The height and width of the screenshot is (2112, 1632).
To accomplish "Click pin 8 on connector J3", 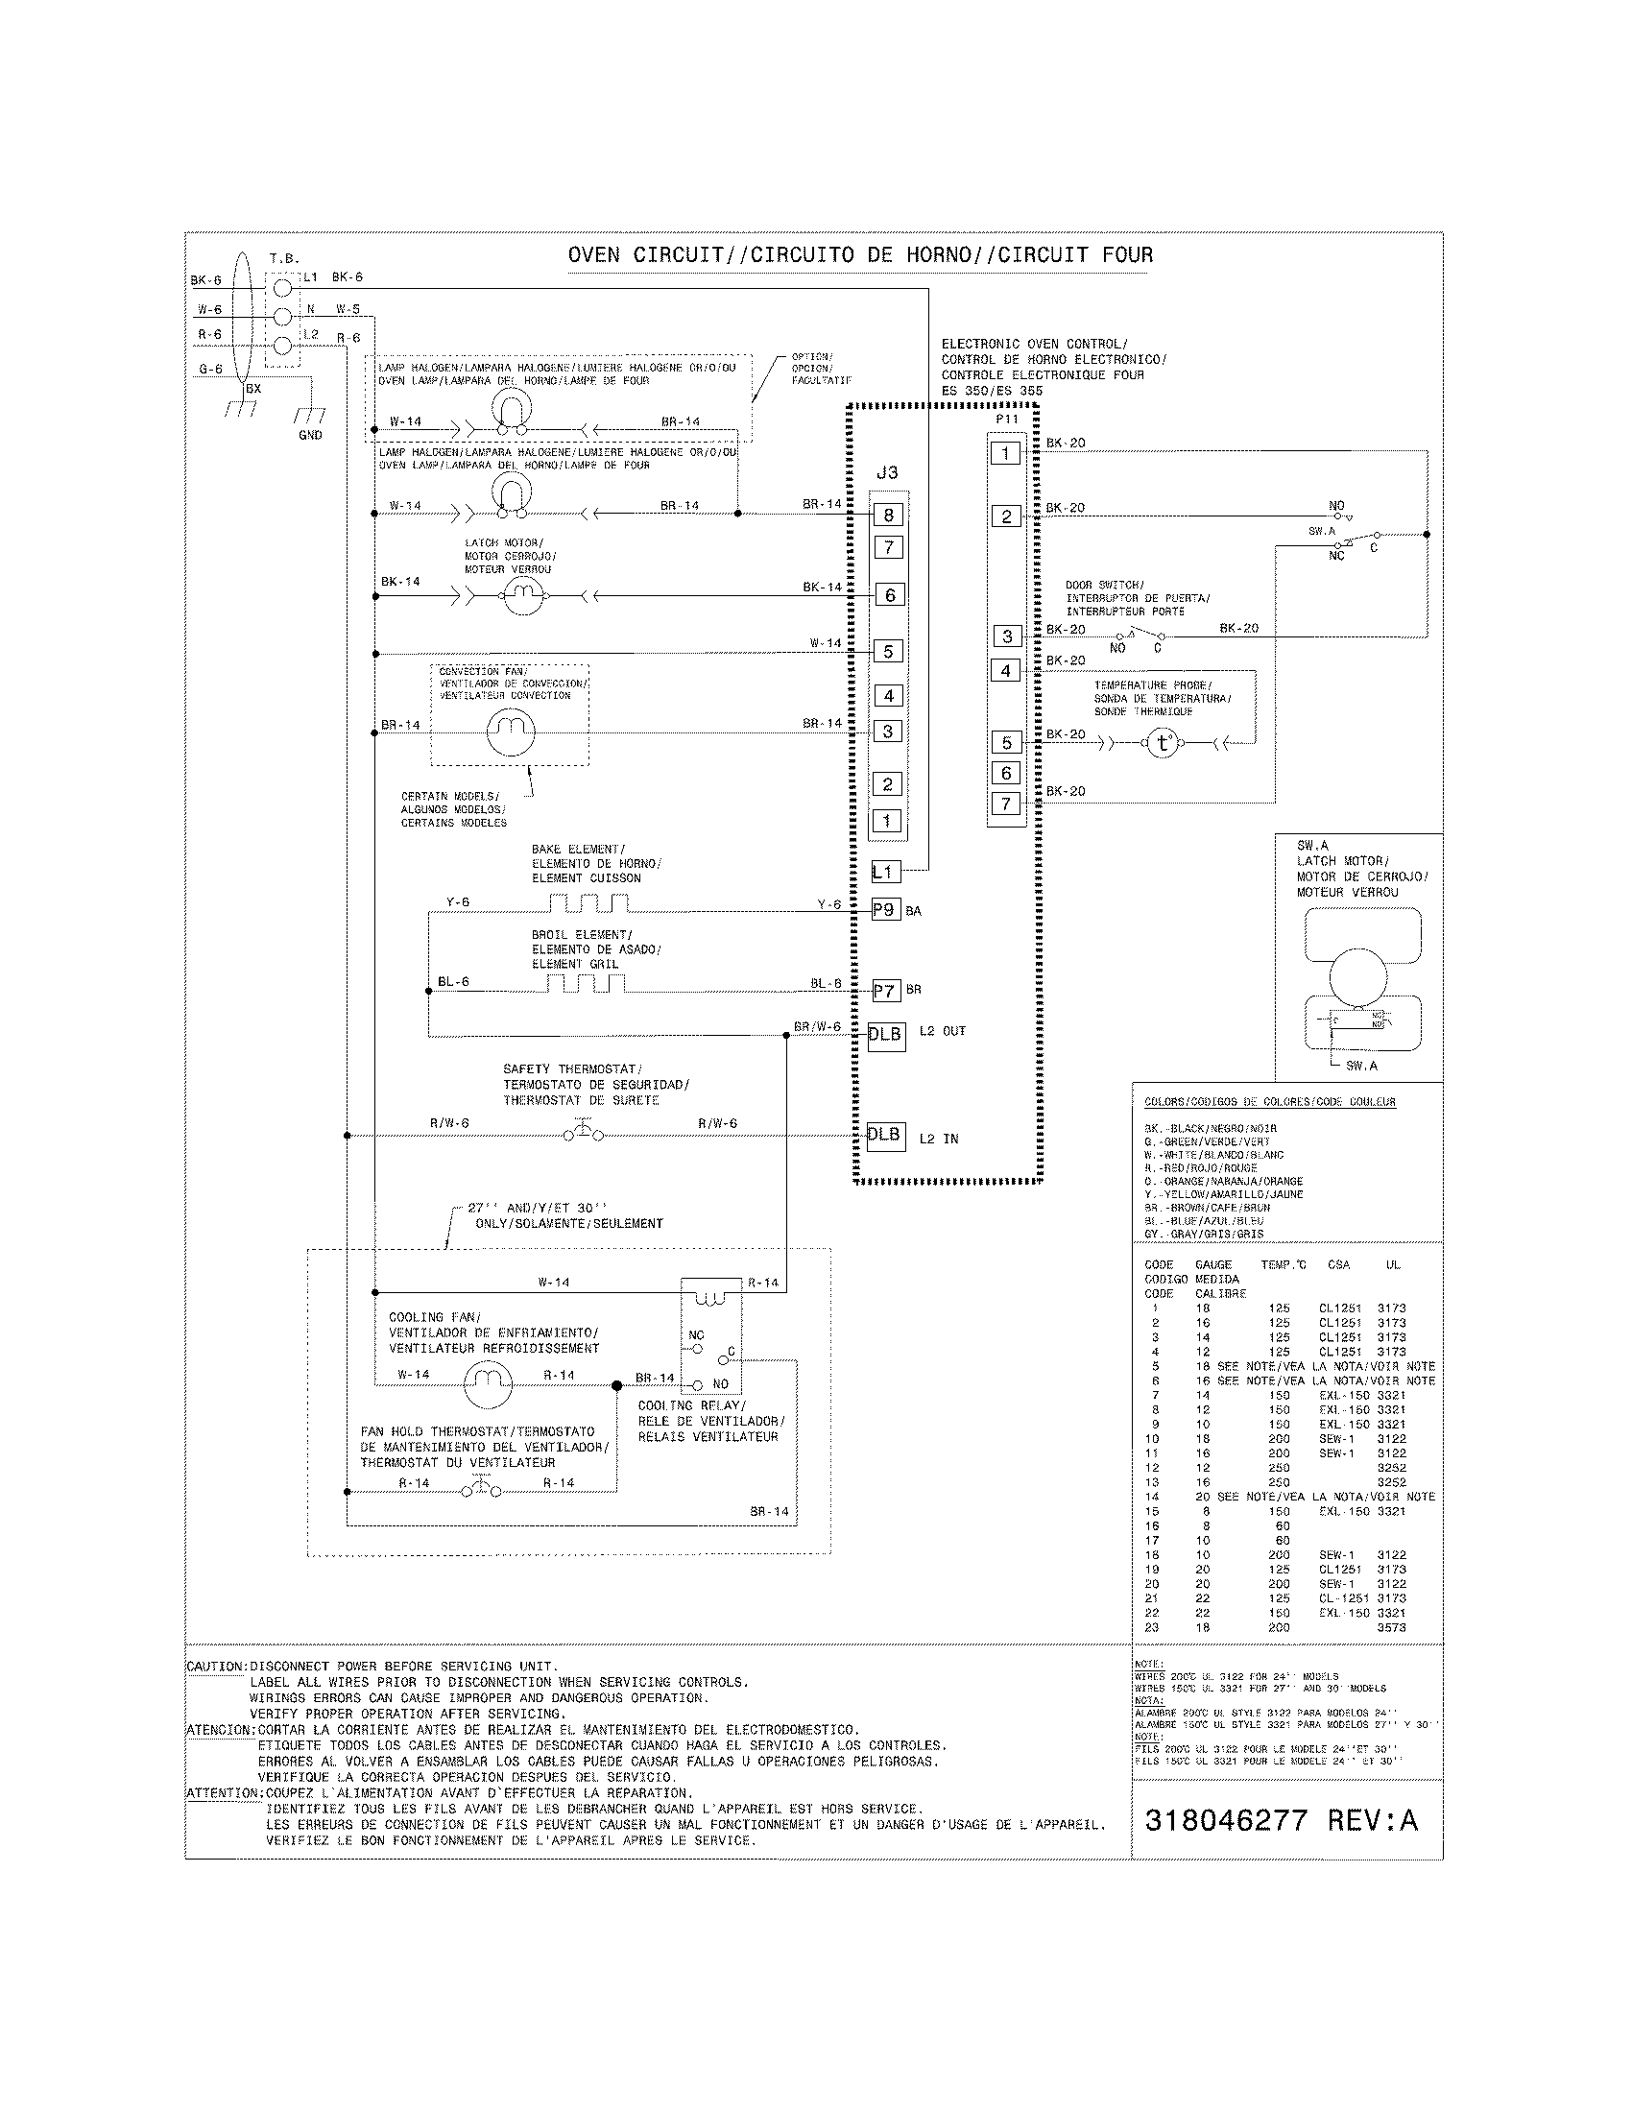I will [888, 516].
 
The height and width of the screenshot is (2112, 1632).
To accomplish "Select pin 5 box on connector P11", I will [1006, 743].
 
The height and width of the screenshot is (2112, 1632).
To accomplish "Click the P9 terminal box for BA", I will [886, 910].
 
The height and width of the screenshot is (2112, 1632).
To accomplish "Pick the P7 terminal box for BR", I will [886, 991].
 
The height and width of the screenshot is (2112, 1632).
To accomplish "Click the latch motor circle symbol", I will [523, 596].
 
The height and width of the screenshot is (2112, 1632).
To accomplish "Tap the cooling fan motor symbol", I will [489, 1383].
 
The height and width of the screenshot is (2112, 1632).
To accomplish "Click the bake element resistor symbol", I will [588, 904].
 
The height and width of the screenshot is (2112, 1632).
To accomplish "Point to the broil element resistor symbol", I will [586, 984].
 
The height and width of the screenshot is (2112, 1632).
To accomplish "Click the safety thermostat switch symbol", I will [583, 1133].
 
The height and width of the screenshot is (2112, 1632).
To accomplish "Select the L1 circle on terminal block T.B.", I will [283, 287].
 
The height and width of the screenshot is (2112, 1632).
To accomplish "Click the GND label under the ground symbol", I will [310, 435].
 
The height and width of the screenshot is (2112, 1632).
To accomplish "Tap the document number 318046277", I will [1226, 1821].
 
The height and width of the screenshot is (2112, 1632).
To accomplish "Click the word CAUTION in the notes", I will [216, 1667].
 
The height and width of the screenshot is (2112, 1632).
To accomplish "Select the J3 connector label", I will [887, 473].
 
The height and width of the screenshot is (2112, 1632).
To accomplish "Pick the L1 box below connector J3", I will [886, 872].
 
